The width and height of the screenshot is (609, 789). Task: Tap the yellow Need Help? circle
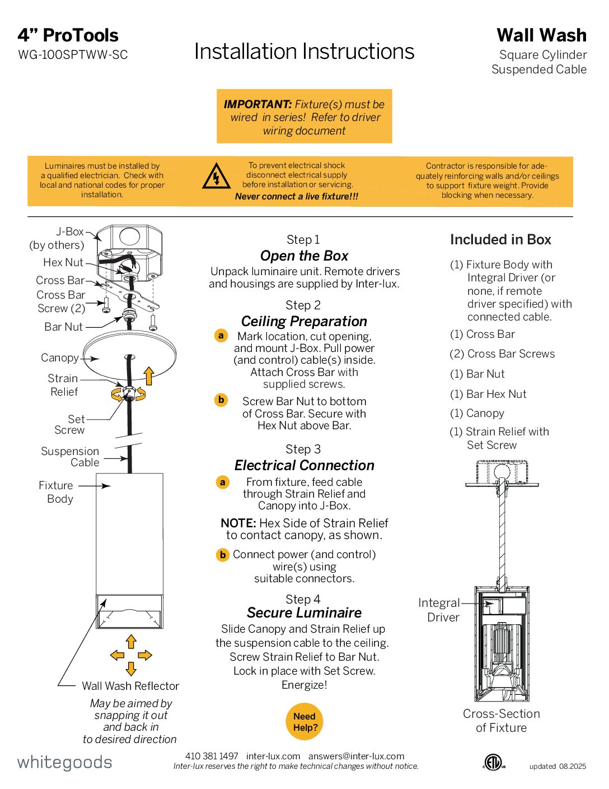(x=305, y=722)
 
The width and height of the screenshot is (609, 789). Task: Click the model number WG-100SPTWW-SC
(x=73, y=55)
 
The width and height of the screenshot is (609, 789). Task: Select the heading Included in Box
(x=500, y=240)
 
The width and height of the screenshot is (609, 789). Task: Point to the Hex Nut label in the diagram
(x=63, y=262)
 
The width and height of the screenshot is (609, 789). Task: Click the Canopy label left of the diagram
(x=60, y=358)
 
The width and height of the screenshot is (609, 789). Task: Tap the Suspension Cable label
(x=71, y=457)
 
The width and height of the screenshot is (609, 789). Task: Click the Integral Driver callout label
(x=439, y=610)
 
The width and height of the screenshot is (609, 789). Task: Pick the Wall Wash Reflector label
(x=130, y=686)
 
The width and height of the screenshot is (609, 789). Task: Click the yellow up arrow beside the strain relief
(x=148, y=375)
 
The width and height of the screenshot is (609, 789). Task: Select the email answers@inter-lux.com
(x=356, y=756)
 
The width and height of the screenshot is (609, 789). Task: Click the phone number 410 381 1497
(x=212, y=756)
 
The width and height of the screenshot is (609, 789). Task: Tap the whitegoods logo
(x=65, y=762)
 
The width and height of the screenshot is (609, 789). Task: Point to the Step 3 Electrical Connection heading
(x=304, y=465)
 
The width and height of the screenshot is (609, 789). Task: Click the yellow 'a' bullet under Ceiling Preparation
(x=221, y=336)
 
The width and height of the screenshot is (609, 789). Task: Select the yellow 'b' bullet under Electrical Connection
(x=223, y=555)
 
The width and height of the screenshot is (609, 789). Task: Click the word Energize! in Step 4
(x=304, y=685)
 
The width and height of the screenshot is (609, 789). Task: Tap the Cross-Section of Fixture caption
(x=501, y=721)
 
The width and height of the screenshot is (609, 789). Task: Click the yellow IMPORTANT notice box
(x=304, y=117)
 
